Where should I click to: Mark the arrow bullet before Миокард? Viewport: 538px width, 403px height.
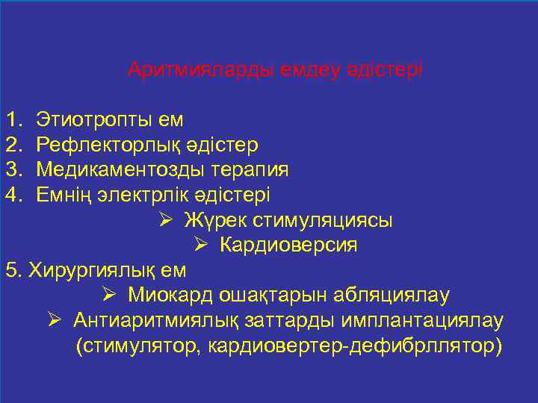pos(109,296)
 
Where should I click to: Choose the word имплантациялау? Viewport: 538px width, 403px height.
pos(417,321)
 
